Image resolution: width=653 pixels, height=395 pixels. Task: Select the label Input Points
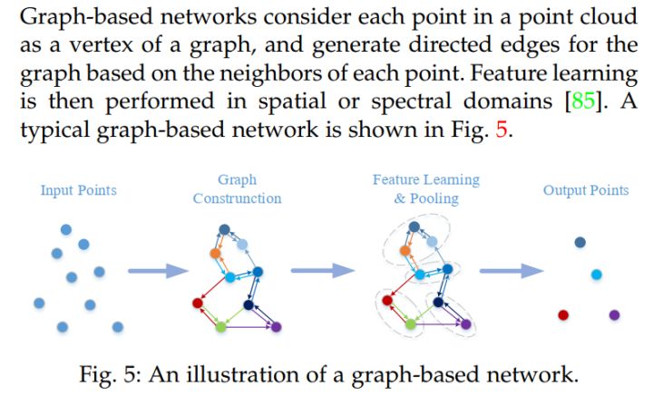coord(79,190)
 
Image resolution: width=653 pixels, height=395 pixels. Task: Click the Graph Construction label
coord(238,189)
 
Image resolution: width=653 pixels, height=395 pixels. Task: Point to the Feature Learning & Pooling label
coord(426,189)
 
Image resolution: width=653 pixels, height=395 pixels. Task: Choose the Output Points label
coord(586,190)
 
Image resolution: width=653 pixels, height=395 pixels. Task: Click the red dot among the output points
coord(562,314)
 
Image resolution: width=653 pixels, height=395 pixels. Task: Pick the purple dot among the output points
coord(614,314)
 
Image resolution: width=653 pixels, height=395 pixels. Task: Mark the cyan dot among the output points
coord(596,274)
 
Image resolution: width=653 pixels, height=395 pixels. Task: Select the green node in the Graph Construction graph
coord(219,325)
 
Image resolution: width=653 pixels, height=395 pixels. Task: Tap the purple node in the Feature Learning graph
coord(466,324)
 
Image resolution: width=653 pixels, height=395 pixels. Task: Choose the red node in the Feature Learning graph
coord(386,300)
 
